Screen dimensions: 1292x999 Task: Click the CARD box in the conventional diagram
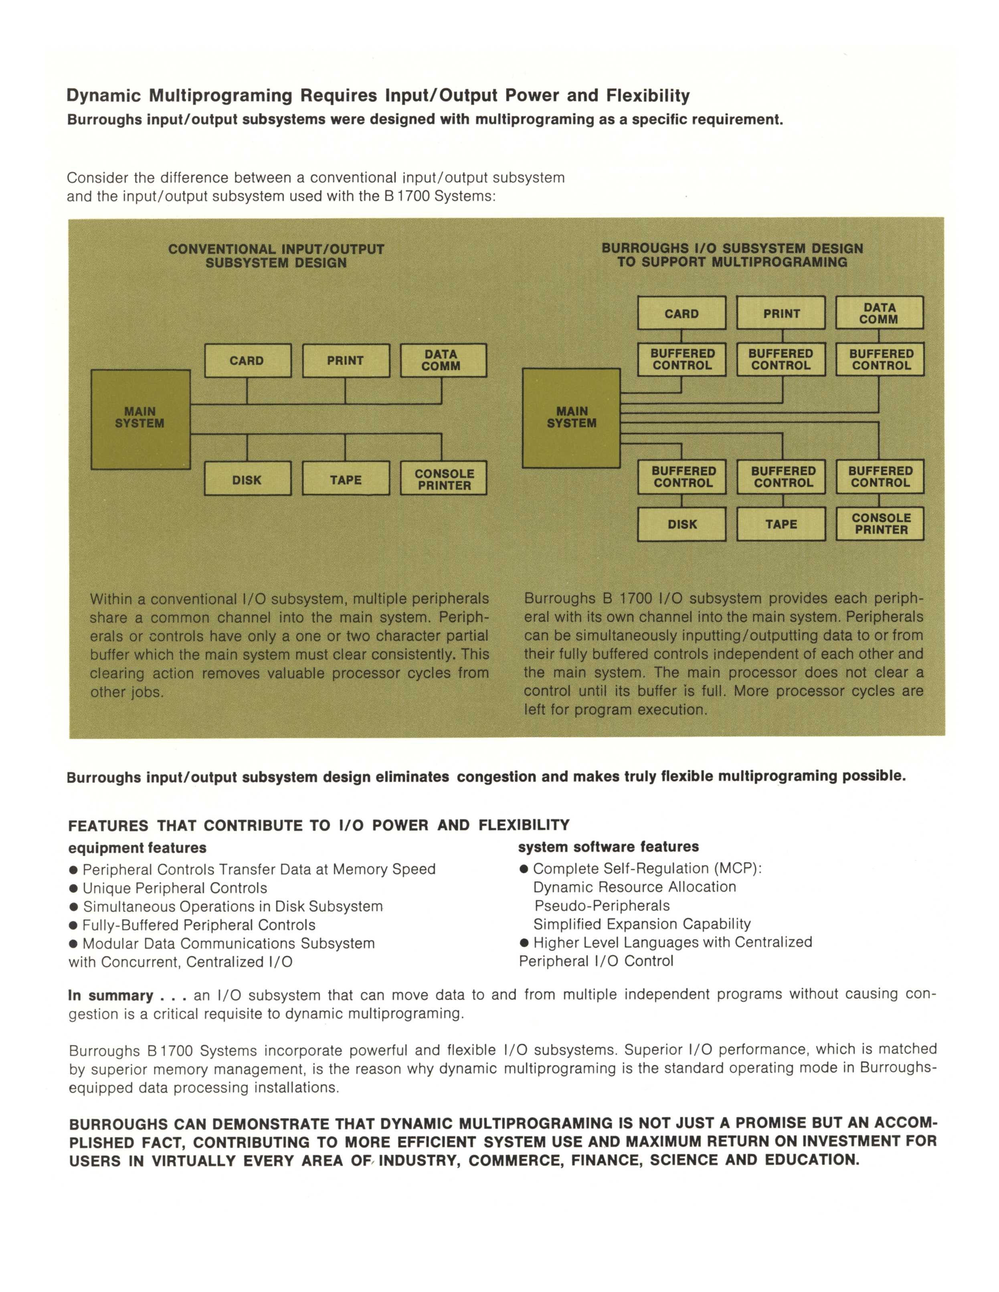tap(247, 360)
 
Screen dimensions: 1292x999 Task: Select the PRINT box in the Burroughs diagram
tap(781, 313)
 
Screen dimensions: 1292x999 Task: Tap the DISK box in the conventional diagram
tap(247, 479)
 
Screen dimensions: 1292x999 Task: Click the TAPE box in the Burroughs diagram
tap(781, 524)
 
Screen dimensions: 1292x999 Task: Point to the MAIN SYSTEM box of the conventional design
tap(140, 419)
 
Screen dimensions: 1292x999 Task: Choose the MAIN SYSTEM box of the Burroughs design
tap(571, 418)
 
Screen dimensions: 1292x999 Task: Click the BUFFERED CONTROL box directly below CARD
tap(682, 360)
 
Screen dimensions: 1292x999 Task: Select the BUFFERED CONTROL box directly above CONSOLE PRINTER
tap(880, 477)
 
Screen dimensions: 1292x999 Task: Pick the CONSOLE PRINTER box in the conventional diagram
tap(444, 479)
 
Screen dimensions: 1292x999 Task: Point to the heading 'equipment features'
tap(137, 848)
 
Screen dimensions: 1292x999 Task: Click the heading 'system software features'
tap(608, 847)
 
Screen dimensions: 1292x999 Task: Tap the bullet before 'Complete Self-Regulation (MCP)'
tap(524, 869)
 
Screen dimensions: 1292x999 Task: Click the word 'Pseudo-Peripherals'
tap(602, 906)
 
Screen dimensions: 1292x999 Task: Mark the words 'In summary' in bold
tap(111, 996)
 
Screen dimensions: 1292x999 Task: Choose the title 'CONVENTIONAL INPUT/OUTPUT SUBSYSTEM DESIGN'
tap(276, 256)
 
